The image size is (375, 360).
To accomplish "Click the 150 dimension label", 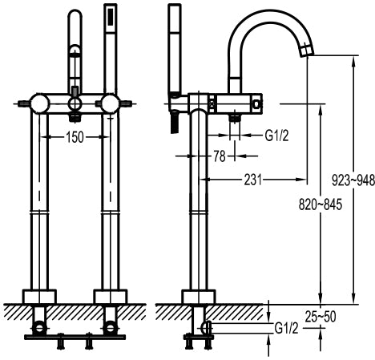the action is (75, 137).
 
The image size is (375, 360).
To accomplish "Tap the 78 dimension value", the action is (220, 156).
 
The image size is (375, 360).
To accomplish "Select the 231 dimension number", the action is (252, 180).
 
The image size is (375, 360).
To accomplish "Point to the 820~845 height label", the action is (321, 204).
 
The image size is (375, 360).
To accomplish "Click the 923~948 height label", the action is (353, 180).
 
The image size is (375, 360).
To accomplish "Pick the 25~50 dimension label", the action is (321, 317).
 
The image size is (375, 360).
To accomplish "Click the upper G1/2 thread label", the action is (276, 136).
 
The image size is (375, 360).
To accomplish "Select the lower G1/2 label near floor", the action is (286, 328).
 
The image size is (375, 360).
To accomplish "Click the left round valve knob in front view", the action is (40, 103).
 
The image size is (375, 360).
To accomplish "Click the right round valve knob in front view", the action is (111, 103).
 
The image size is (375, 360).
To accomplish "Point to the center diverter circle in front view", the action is (75, 103).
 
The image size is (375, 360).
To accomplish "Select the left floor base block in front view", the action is (39, 297).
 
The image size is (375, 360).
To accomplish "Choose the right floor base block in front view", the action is (111, 297).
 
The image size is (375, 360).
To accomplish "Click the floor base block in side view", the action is (199, 297).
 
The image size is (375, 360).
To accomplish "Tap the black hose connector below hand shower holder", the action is (174, 122).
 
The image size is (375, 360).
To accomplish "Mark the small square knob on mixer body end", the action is (256, 103).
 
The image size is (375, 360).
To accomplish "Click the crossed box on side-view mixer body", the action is (212, 103).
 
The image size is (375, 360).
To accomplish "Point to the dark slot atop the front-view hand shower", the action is (111, 17).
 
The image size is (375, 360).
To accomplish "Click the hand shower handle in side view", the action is (175, 50).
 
